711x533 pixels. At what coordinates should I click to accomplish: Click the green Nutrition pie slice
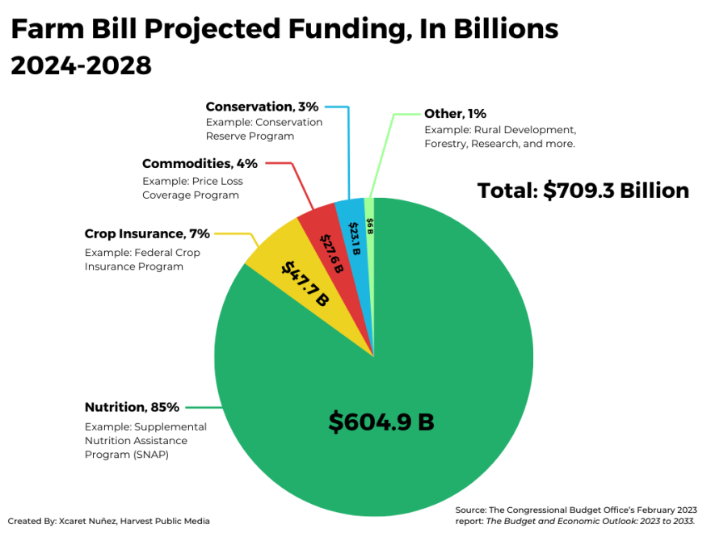click(420, 380)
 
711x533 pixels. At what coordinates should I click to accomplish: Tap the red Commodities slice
click(323, 234)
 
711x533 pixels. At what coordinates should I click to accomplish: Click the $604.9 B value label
click(381, 422)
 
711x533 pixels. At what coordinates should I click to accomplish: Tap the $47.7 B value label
click(304, 283)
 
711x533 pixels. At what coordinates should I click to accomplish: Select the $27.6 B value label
click(331, 253)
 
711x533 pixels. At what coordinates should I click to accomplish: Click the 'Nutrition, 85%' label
click(132, 407)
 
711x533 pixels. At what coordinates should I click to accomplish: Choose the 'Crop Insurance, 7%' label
click(147, 234)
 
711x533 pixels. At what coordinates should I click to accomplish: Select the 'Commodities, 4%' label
click(200, 164)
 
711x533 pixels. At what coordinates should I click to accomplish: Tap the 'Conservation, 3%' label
click(262, 107)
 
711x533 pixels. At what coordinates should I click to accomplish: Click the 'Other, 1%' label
click(455, 114)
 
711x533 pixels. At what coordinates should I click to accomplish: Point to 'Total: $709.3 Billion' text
click(583, 191)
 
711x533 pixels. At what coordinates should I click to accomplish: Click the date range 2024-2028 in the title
click(81, 66)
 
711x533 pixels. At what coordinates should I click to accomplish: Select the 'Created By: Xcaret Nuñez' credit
click(109, 521)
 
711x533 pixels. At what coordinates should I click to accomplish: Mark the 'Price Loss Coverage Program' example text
click(191, 188)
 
